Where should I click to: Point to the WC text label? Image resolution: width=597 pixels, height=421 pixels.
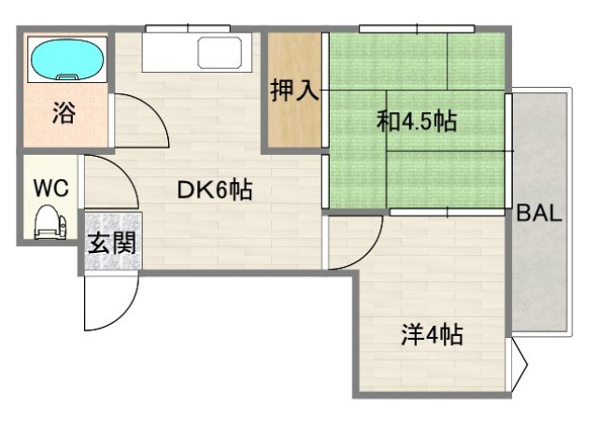tap(50, 186)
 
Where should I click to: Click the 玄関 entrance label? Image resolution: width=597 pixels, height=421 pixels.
tap(113, 244)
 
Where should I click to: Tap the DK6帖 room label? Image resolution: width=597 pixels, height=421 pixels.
tap(215, 189)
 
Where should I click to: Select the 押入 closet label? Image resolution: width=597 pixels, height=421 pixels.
tap(295, 91)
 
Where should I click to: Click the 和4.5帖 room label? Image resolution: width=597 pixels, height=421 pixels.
tap(417, 121)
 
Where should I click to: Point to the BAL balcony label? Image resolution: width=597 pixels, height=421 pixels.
tap(539, 213)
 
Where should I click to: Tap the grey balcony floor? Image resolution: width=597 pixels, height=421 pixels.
tap(540, 280)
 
